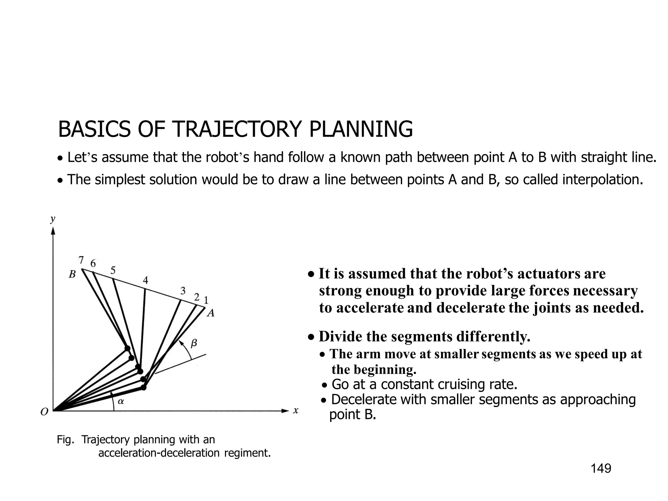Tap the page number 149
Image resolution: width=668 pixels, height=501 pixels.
pos(601,468)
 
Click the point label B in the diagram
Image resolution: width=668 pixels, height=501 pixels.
pos(72,275)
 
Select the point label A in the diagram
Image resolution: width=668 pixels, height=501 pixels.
pos(211,313)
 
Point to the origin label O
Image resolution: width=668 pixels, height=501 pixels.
pos(44,412)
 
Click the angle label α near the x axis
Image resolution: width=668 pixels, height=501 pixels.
pos(121,402)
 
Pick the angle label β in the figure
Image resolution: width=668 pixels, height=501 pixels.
pos(194,343)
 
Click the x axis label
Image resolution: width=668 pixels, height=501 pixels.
pos(296,411)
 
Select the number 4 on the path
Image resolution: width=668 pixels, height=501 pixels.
pos(145,280)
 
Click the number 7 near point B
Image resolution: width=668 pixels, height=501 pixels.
pos(81,260)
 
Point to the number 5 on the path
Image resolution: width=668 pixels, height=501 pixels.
pos(113,270)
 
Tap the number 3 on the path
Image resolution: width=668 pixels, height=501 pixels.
pos(183,291)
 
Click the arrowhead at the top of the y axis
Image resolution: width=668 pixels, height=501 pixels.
pos(53,231)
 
